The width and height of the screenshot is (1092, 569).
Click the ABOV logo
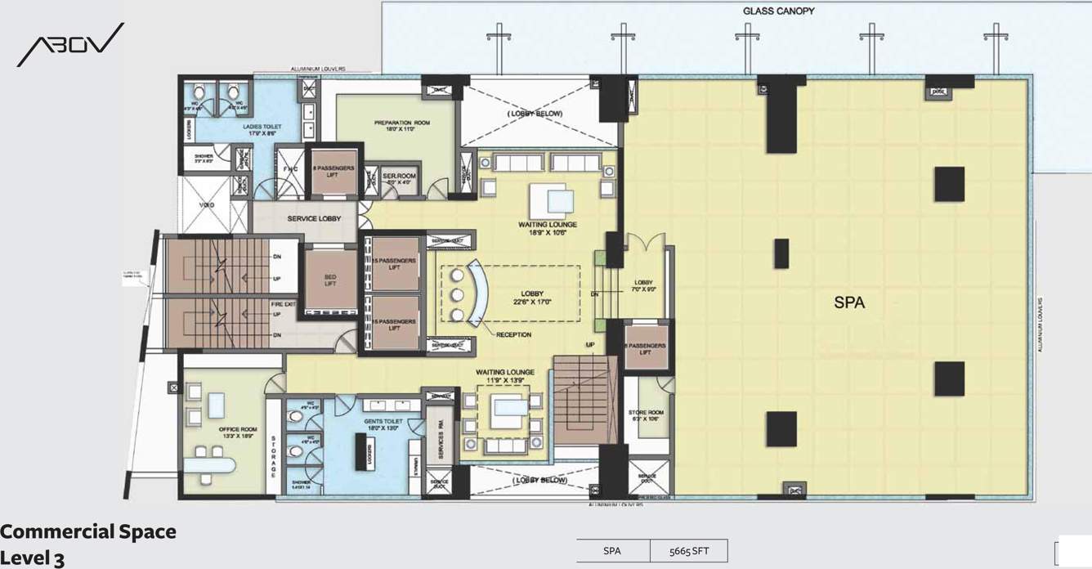(x=70, y=46)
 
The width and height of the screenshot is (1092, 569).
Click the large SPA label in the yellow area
(x=849, y=302)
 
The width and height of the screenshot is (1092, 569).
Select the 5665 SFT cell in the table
(x=688, y=551)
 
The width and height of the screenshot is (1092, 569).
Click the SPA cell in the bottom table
(x=613, y=551)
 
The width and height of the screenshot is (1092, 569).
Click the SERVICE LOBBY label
(x=314, y=219)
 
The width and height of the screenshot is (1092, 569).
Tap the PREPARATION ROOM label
(x=402, y=125)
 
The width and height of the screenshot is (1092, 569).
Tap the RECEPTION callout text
(x=513, y=334)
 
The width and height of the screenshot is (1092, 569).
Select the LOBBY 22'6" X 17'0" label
(x=533, y=297)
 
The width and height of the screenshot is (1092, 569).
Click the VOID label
(x=207, y=205)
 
